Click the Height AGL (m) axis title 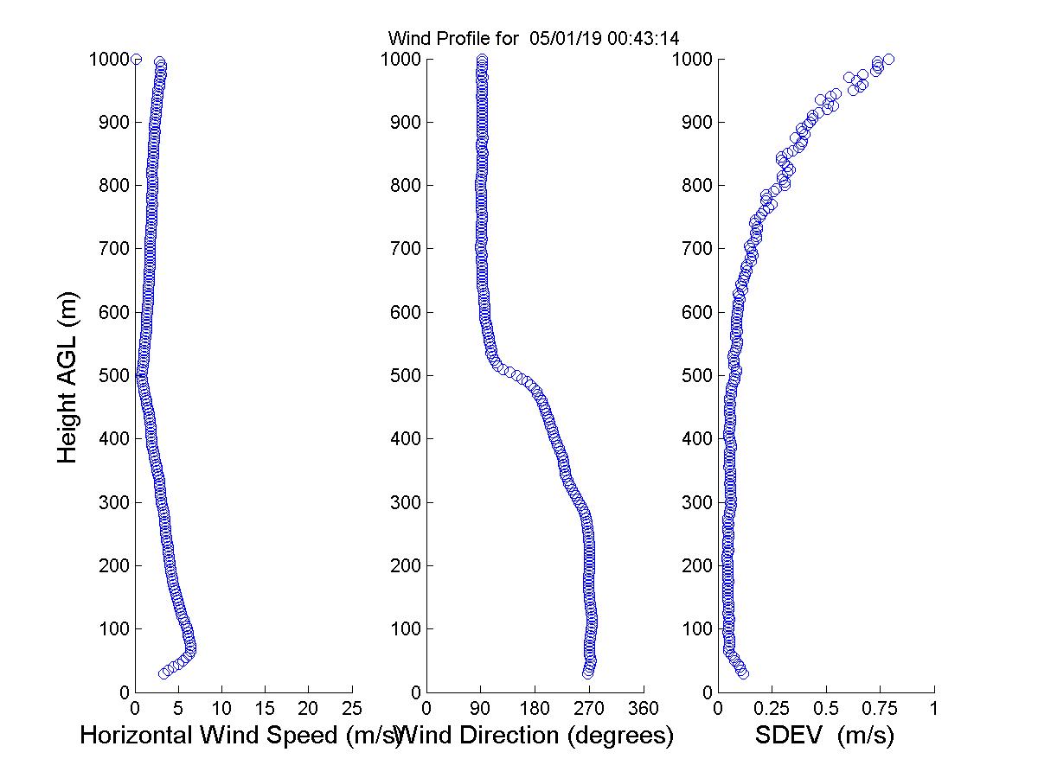point(67,376)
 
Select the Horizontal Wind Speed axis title point(240,737)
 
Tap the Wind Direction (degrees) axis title point(538,737)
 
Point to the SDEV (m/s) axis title point(824,737)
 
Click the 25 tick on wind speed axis point(352,708)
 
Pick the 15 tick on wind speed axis point(266,708)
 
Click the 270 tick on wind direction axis point(589,708)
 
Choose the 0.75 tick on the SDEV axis point(880,708)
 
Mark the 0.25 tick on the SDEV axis point(772,708)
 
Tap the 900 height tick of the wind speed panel point(115,123)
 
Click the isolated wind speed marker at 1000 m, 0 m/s point(136,59)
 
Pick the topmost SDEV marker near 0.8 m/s point(888,59)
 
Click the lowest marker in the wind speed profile point(163,673)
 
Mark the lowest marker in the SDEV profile point(743,673)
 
